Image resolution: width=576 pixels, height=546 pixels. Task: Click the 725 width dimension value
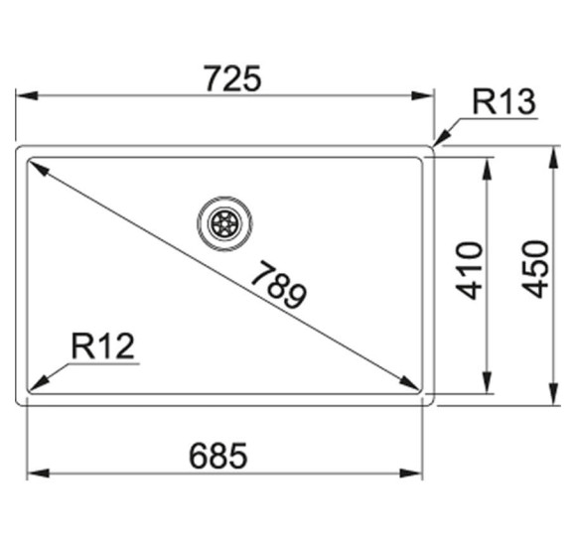(231, 77)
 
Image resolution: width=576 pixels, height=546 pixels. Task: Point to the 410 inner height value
(470, 270)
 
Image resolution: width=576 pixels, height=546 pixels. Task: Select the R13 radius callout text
(504, 101)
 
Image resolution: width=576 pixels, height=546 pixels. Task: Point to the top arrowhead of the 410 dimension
(487, 170)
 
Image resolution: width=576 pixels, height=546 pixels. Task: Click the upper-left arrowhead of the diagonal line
(38, 169)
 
